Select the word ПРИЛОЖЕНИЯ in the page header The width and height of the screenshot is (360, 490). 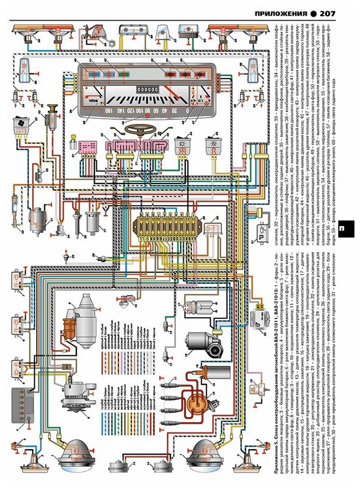[280, 13]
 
